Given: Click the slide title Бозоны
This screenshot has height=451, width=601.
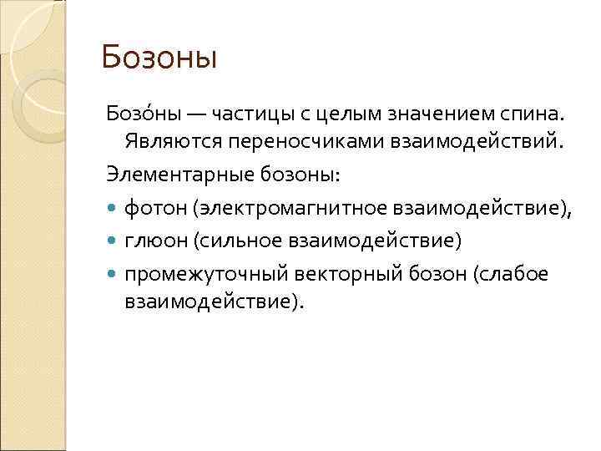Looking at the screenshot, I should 159,58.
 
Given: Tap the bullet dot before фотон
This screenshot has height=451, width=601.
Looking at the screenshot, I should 113,208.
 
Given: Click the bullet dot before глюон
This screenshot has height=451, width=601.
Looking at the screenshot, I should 113,241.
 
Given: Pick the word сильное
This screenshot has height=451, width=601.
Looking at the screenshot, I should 241,241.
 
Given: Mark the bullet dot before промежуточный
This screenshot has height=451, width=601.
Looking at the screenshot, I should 113,273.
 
